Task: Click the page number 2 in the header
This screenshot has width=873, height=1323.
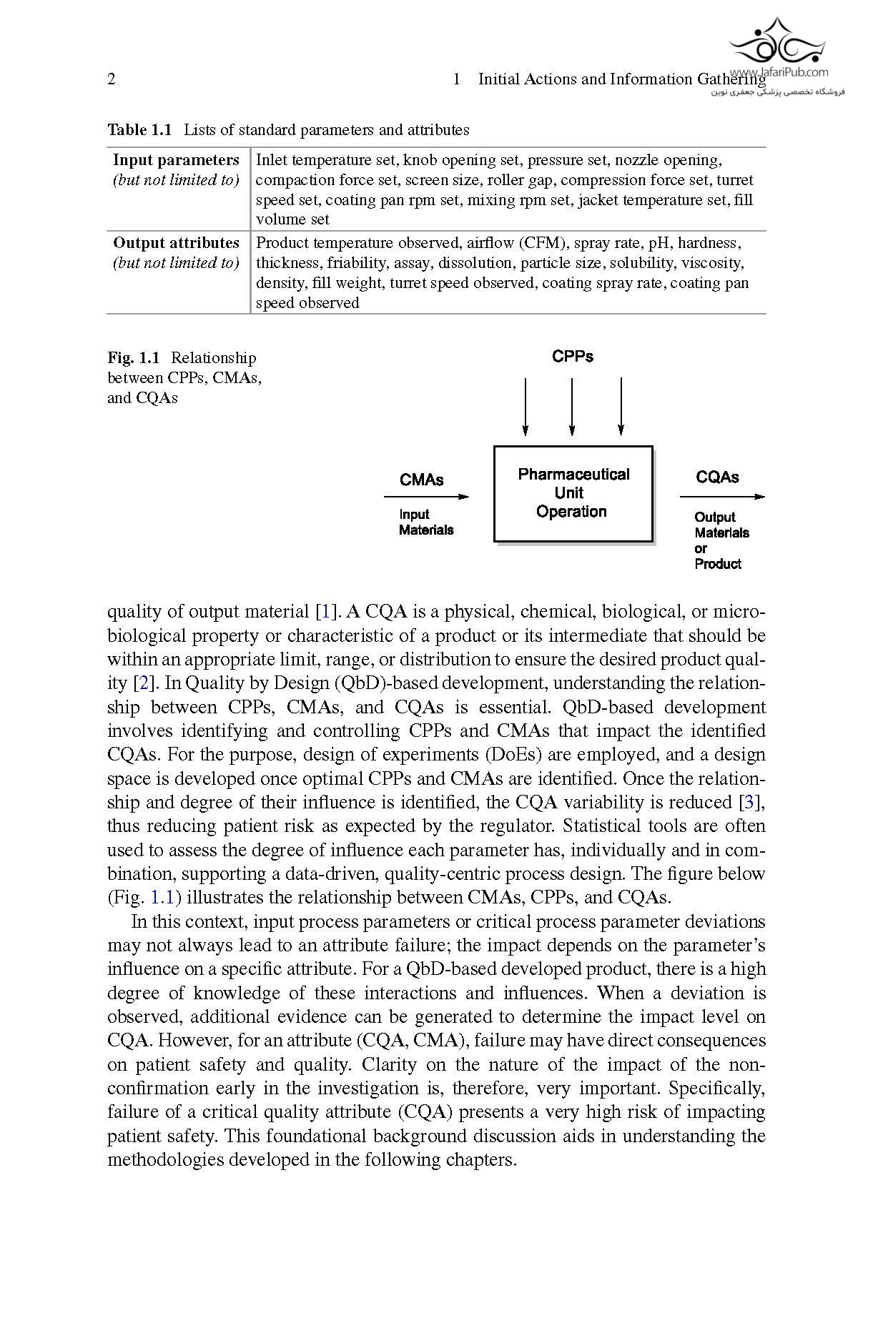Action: (112, 79)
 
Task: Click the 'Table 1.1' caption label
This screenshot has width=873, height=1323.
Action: (140, 130)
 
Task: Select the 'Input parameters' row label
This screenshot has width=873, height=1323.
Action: (176, 160)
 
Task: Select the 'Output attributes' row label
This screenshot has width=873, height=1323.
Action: (176, 243)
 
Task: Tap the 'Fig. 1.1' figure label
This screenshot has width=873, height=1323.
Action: (134, 358)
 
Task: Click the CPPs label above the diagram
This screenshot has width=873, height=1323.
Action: (573, 357)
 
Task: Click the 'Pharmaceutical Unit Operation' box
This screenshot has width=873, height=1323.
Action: (573, 493)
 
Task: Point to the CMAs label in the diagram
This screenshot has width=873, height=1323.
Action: (421, 480)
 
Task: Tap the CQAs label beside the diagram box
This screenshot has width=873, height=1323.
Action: (717, 477)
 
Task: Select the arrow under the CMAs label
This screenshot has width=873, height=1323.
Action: (426, 497)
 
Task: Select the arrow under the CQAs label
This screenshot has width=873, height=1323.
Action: (721, 497)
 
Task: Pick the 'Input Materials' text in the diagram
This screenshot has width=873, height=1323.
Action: (426, 522)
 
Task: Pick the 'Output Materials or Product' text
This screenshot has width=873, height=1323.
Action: (721, 540)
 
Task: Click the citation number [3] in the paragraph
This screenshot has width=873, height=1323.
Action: (754, 803)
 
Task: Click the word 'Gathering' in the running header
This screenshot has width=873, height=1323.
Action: (731, 79)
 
